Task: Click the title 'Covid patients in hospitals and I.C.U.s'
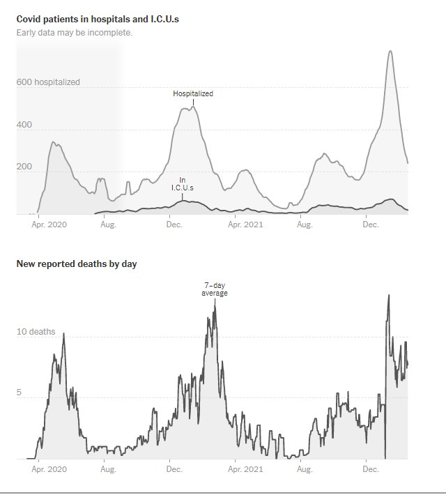(98, 20)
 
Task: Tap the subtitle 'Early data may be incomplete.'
(74, 33)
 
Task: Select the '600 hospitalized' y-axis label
(48, 82)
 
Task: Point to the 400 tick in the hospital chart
(24, 125)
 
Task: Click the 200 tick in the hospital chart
(24, 167)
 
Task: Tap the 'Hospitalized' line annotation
(193, 93)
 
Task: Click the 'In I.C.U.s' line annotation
(182, 184)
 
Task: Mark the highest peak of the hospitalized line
(390, 51)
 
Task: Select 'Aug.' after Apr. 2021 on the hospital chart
(304, 225)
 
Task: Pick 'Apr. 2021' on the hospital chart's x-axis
(247, 225)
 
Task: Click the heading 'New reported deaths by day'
(77, 264)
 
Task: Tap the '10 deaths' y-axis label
(36, 332)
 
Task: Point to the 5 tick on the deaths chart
(20, 393)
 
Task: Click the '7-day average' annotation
(215, 289)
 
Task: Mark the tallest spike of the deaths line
(388, 295)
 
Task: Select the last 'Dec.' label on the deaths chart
(371, 470)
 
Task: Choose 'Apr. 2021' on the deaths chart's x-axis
(247, 470)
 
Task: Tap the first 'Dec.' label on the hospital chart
(174, 225)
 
